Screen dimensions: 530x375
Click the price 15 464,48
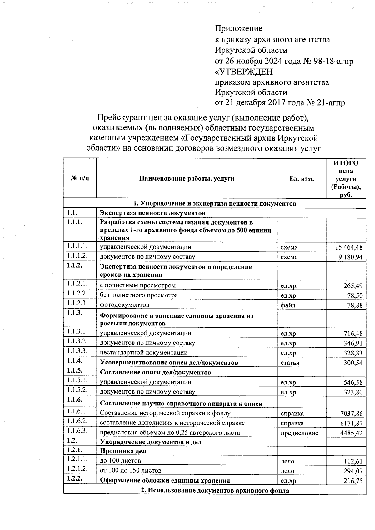[x=349, y=247]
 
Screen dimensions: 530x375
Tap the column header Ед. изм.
[x=301, y=179]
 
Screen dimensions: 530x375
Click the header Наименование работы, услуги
[x=187, y=179]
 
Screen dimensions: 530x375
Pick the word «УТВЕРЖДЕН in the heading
[x=244, y=72]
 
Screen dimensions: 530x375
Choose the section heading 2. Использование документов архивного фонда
[x=215, y=490]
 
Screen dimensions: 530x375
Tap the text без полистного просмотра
[x=139, y=295]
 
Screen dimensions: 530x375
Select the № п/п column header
[x=80, y=179]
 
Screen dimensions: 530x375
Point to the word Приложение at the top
[x=238, y=29]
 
